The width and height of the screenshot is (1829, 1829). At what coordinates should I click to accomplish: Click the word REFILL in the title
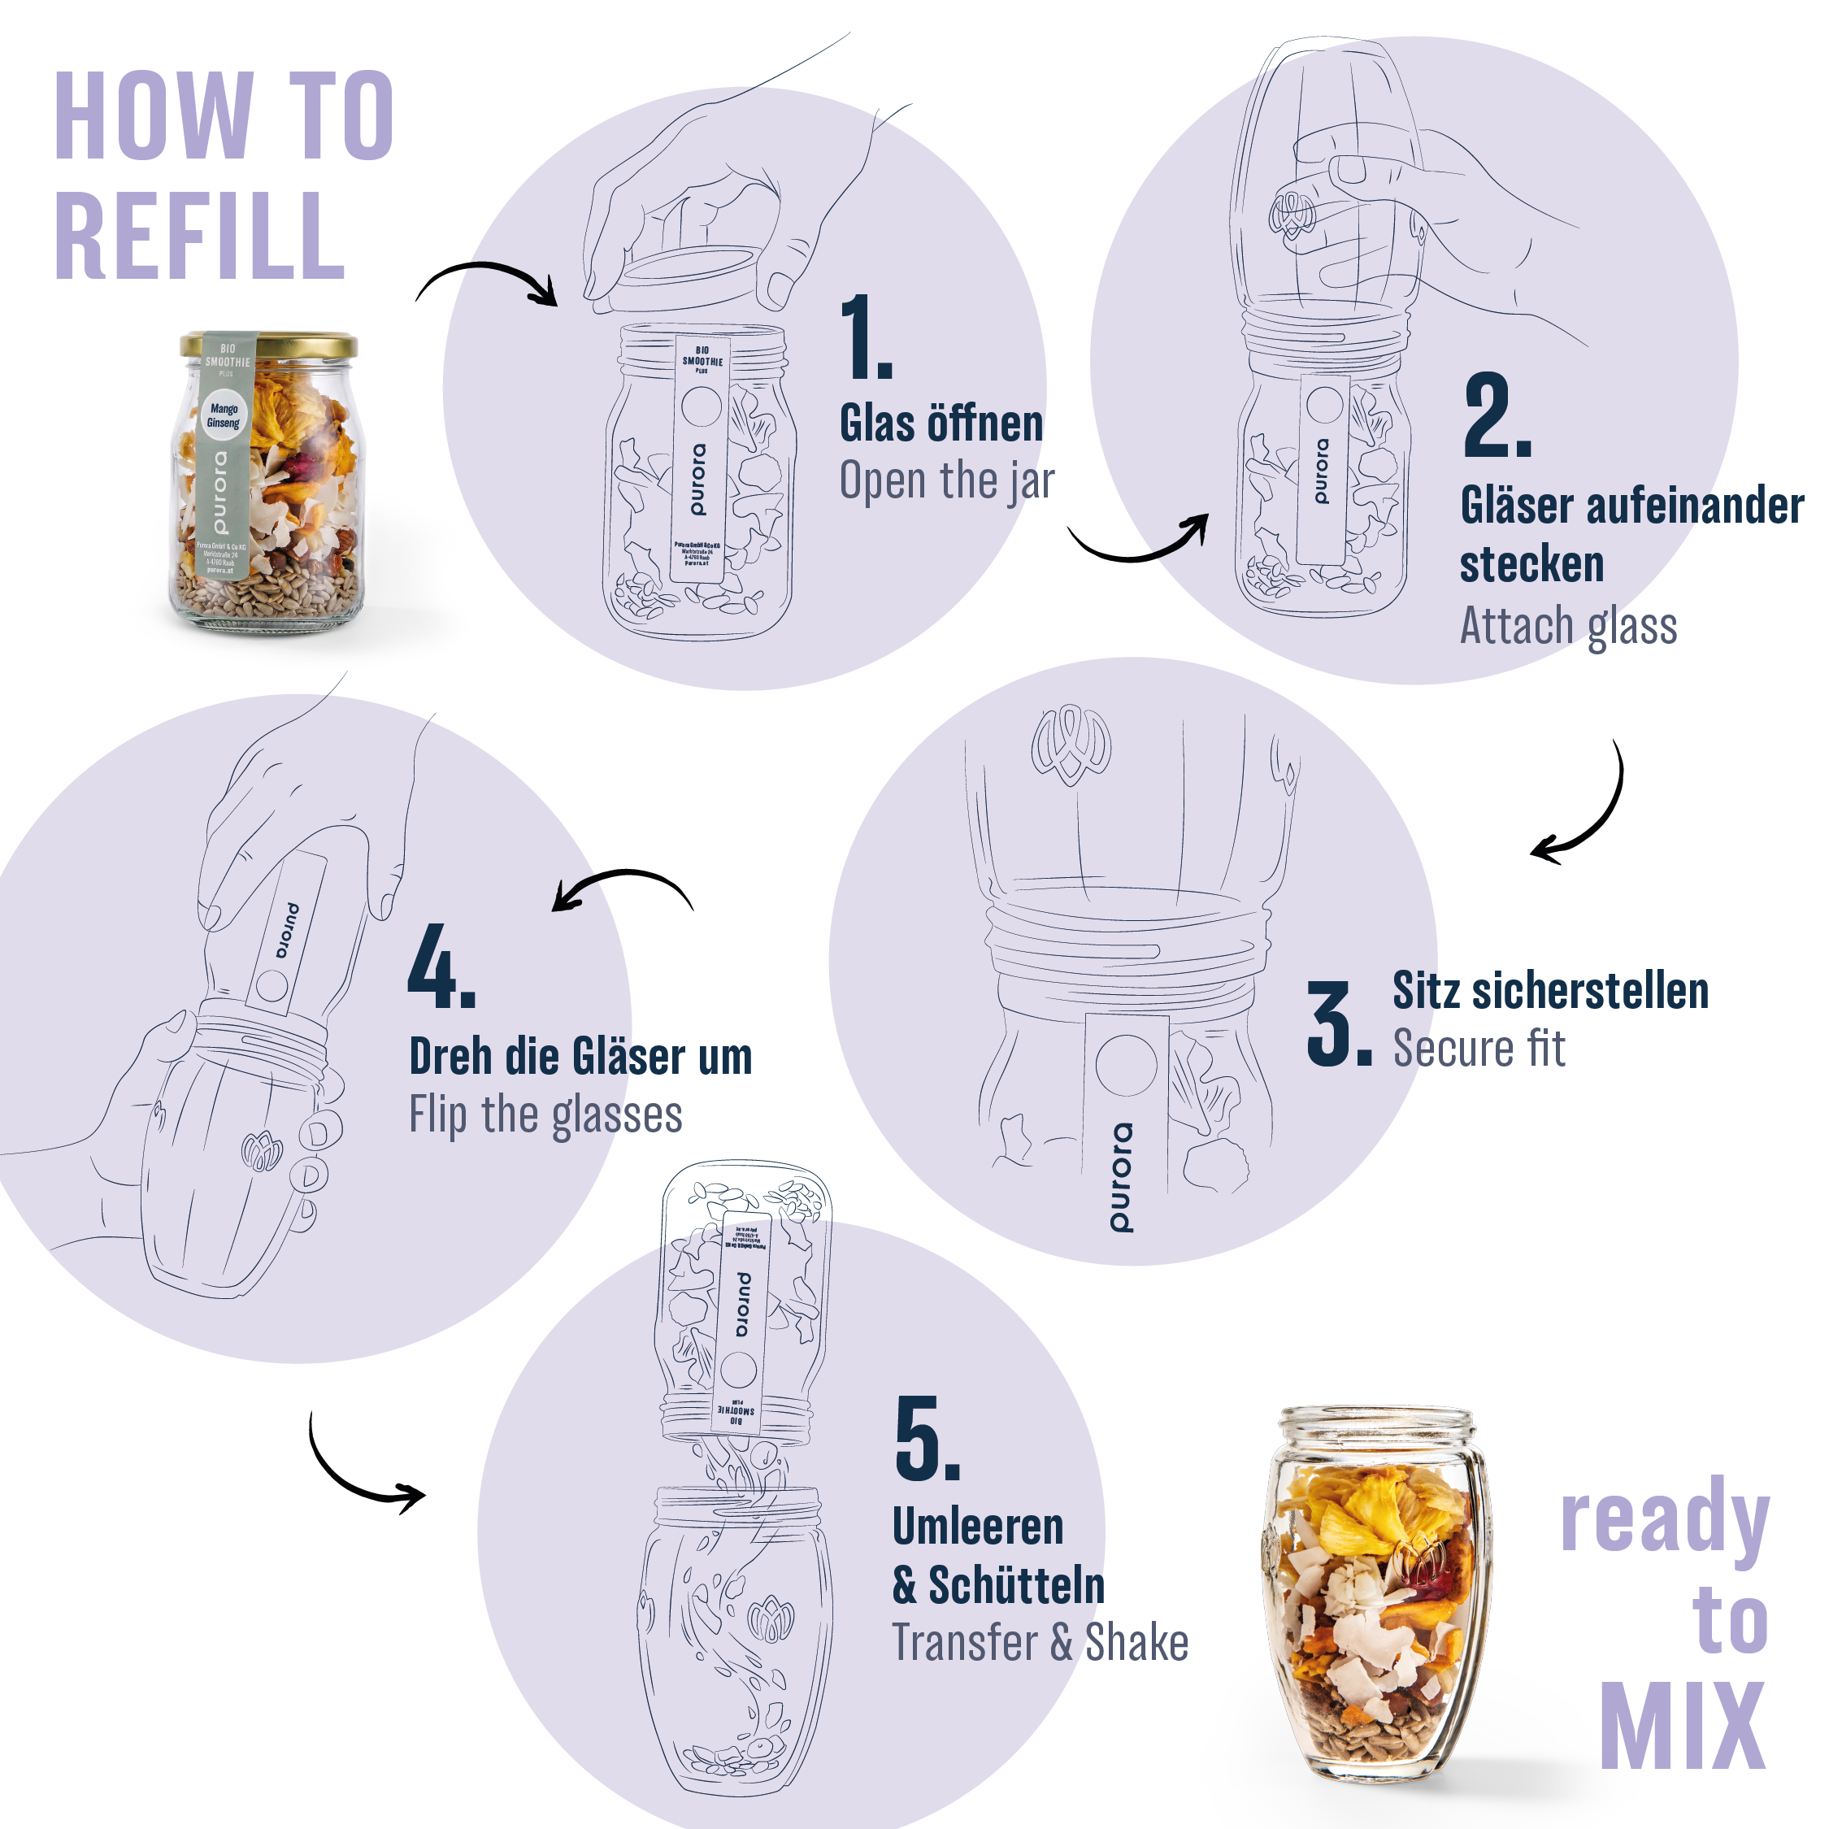tap(200, 237)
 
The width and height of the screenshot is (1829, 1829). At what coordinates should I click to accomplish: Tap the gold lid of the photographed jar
tap(270, 344)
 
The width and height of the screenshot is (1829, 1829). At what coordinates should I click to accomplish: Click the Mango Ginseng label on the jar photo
tap(224, 415)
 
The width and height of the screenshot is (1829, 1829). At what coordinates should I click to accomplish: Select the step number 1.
tap(864, 337)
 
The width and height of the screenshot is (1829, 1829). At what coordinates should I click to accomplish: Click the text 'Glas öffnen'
tap(941, 424)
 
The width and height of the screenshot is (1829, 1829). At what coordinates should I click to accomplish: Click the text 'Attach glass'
tap(1568, 626)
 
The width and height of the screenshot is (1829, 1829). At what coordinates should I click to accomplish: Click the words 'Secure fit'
tap(1479, 1049)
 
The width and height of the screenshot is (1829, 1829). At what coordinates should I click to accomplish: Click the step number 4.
tap(441, 967)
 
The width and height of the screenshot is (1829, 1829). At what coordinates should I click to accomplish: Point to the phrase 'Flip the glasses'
tap(545, 1114)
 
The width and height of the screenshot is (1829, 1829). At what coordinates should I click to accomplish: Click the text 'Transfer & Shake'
tap(1040, 1643)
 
